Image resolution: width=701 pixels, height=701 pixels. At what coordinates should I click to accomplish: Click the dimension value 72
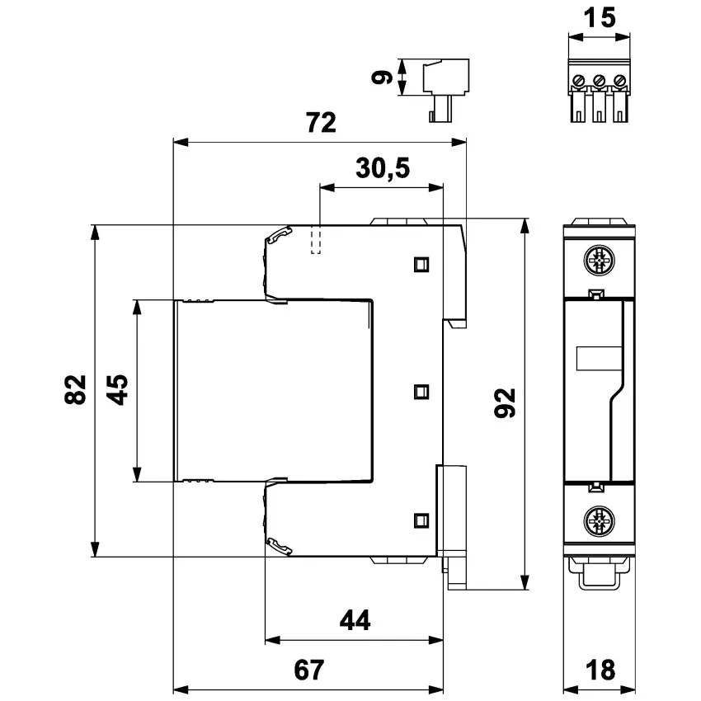tap(321, 124)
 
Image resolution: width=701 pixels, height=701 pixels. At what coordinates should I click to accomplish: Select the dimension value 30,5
tap(383, 169)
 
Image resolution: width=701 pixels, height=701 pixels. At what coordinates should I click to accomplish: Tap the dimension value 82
tap(76, 389)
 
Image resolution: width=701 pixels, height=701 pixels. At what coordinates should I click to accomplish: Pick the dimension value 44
tap(354, 620)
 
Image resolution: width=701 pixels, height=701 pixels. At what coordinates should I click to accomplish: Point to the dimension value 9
tap(380, 78)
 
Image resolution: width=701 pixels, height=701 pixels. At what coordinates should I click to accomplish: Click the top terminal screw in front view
tap(600, 261)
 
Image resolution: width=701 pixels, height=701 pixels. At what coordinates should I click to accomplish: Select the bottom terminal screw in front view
tap(600, 521)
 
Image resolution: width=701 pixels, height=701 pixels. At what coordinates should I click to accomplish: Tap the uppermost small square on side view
tap(421, 263)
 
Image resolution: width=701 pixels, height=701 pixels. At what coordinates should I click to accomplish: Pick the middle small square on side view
tap(421, 391)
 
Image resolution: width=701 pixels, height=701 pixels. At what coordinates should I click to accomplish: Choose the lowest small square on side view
tap(421, 519)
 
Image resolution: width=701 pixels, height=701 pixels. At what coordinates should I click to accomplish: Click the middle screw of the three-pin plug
tap(600, 82)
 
